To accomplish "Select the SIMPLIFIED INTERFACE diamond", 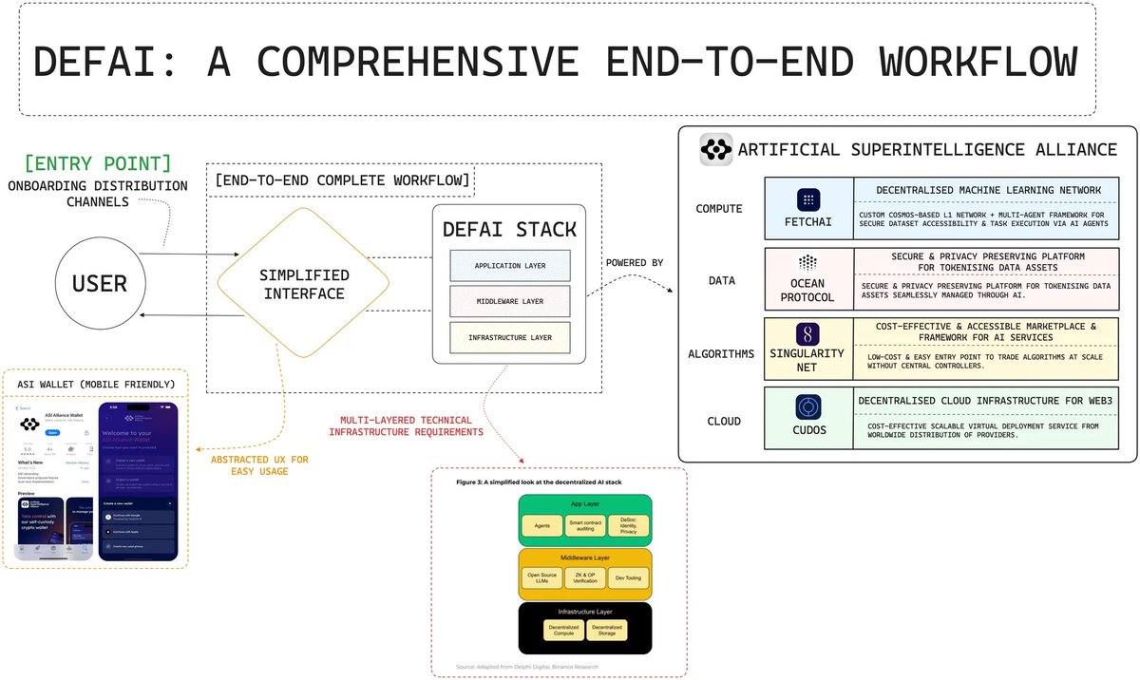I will (304, 283).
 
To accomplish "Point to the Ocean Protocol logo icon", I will (807, 262).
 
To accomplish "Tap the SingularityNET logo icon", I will (807, 333).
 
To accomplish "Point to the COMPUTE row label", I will (718, 209).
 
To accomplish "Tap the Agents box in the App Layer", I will (542, 524).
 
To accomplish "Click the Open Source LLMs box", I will (542, 576).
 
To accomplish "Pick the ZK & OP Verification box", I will (585, 576).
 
